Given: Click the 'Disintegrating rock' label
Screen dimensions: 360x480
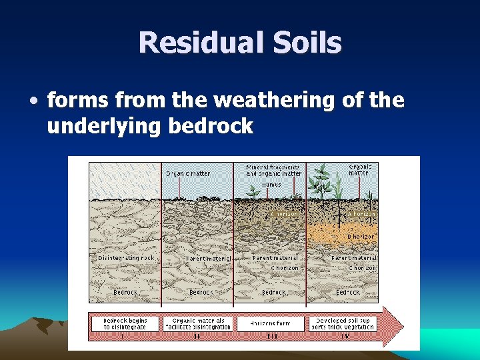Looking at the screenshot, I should (x=126, y=258).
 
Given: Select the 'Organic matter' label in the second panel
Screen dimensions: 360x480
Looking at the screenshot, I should (x=188, y=173).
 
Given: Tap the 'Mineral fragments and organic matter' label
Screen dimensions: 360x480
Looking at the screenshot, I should (x=273, y=170).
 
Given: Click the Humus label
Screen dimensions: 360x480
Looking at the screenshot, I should (x=271, y=185).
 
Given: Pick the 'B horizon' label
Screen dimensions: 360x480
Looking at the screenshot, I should (x=361, y=237).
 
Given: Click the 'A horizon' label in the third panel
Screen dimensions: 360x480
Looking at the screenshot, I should (x=283, y=214).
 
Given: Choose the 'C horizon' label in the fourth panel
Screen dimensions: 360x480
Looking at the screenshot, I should (x=362, y=268).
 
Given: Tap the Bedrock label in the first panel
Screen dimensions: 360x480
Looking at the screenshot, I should (x=125, y=292).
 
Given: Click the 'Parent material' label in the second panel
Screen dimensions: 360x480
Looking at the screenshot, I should (x=208, y=258).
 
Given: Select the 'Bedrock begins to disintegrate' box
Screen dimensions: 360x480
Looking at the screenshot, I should (x=125, y=323).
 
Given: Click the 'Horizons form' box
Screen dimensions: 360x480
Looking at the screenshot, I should (x=270, y=323).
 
